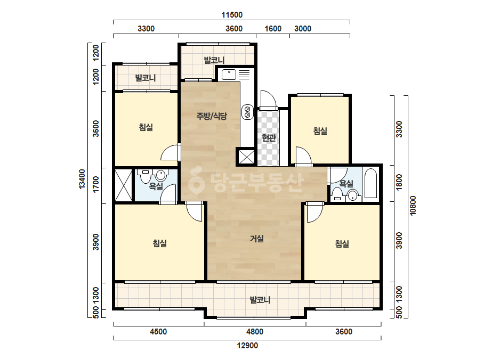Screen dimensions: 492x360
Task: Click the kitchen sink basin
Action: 229,75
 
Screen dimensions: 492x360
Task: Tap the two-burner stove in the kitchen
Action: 247,112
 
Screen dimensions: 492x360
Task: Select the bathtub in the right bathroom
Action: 370,183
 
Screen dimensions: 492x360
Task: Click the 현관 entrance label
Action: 269,138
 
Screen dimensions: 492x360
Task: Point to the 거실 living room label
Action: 257,239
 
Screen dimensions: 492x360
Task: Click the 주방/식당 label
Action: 212,116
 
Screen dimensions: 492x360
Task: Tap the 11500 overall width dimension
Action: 232,15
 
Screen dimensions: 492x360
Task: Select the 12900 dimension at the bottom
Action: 247,346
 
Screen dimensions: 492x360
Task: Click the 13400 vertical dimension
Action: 82,179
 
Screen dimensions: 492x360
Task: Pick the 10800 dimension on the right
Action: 413,206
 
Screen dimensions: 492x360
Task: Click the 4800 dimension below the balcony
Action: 255,331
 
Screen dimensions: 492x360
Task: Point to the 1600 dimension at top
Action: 273,29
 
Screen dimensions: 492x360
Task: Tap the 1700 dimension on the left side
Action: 96,184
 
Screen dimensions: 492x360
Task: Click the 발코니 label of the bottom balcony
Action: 260,300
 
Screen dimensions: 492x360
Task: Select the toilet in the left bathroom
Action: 146,177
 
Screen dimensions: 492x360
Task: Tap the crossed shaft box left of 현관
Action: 246,157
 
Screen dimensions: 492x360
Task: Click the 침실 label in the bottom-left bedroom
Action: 160,243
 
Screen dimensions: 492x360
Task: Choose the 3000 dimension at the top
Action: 303,29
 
